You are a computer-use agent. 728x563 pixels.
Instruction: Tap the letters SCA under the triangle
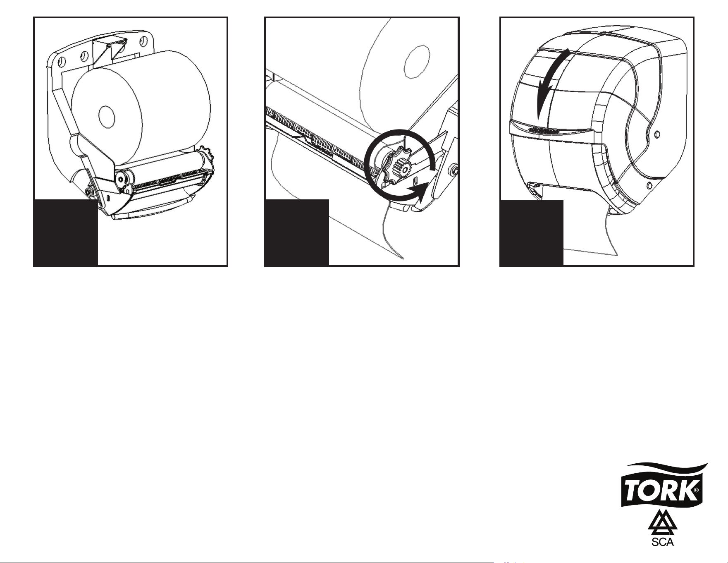[x=663, y=542]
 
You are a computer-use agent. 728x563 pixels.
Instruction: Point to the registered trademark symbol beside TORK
[x=696, y=491]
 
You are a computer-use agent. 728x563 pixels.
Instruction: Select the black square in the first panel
[x=66, y=232]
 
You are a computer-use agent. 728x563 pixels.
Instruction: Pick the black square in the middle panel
[x=297, y=232]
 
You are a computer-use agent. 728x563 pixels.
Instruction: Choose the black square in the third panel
[x=532, y=232]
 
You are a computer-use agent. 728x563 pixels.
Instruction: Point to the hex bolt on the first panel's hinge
[x=89, y=192]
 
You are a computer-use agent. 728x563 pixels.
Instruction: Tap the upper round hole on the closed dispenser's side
[x=658, y=134]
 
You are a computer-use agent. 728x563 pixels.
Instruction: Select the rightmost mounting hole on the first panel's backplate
[x=144, y=41]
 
